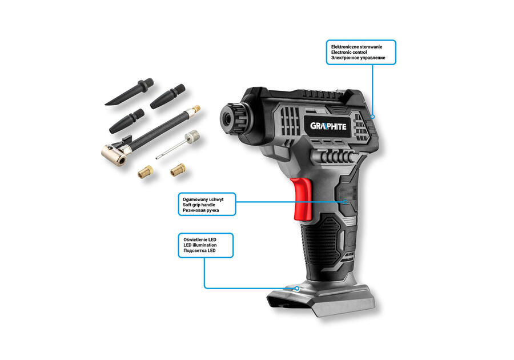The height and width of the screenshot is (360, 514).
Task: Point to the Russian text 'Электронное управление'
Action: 358,58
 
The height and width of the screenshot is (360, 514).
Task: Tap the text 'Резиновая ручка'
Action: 200,211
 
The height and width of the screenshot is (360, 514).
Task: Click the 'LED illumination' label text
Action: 200,245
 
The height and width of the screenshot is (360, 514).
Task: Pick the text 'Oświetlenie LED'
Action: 199,238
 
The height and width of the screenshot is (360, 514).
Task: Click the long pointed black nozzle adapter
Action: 129,93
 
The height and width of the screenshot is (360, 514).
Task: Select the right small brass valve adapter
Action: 178,169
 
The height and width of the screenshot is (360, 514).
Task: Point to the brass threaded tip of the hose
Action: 196,107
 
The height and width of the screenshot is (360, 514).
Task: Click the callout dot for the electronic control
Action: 372,116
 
